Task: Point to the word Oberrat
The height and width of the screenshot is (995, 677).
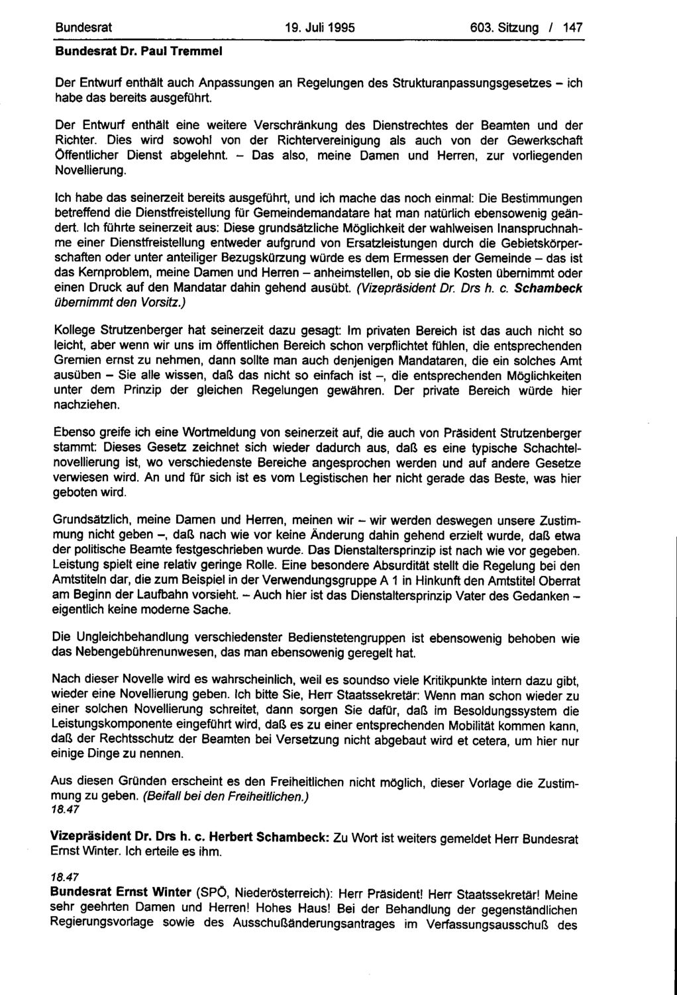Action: [560, 580]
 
